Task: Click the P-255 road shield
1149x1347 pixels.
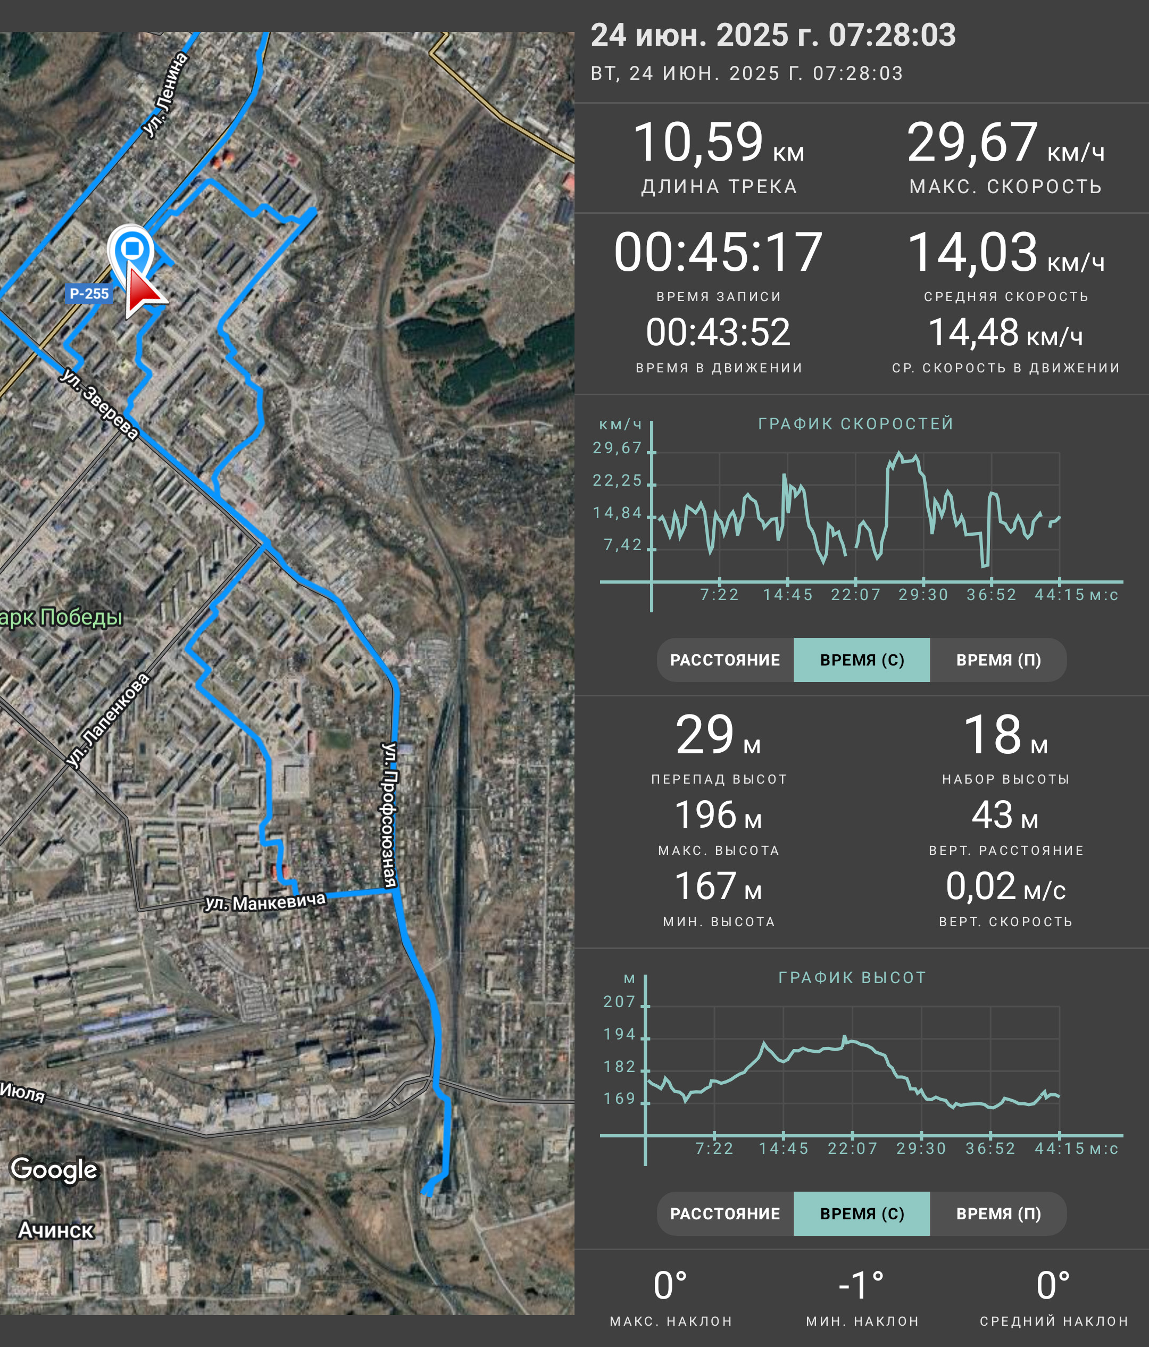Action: (x=89, y=294)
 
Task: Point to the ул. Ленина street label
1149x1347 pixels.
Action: (x=166, y=95)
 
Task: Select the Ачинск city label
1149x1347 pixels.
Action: (x=56, y=1230)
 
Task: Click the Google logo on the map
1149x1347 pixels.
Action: (x=54, y=1169)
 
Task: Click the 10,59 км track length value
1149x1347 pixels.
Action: (x=718, y=143)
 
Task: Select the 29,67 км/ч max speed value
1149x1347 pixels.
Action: (x=1005, y=143)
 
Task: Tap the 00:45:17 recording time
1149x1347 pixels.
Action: (x=718, y=252)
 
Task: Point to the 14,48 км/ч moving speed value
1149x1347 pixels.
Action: (x=1005, y=333)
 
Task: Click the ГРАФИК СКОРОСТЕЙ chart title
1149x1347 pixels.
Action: (x=856, y=424)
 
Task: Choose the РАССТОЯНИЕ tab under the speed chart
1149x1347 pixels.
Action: (x=725, y=660)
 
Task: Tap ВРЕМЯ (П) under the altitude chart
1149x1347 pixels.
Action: (x=998, y=1213)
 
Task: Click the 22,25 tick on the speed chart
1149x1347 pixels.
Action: (x=618, y=480)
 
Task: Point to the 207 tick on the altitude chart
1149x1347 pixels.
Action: (x=619, y=1002)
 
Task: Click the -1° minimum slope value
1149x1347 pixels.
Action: (x=861, y=1285)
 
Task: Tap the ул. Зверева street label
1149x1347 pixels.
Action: (x=99, y=404)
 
